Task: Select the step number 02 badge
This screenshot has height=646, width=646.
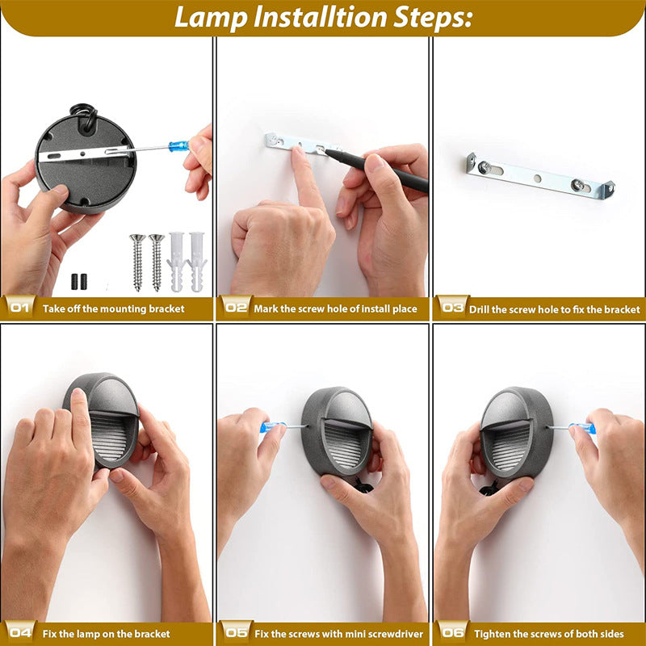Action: coord(235,308)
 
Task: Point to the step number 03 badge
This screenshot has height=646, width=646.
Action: coord(451,308)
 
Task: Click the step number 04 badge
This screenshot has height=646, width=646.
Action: coord(19,633)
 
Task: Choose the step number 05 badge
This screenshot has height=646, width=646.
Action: coord(236,633)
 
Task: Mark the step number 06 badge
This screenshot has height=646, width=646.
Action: coord(452,633)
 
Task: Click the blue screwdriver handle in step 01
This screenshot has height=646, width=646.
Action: coord(178,146)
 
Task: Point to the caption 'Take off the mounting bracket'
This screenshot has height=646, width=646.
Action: coord(113,308)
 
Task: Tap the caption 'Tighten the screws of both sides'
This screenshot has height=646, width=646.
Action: coord(548,634)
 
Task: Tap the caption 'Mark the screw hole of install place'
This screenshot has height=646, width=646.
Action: coord(335,308)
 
